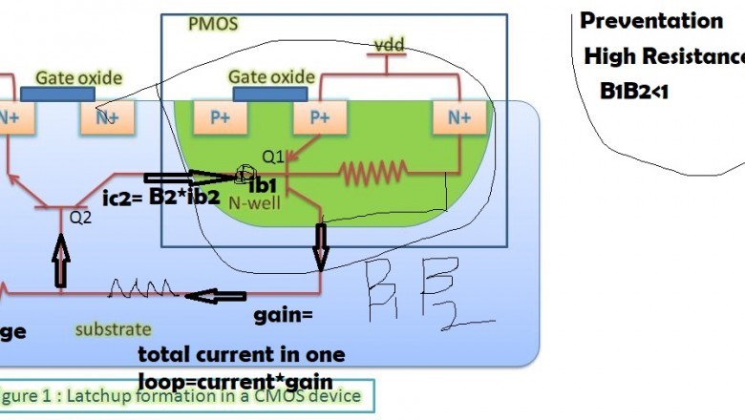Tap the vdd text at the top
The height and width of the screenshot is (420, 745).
(387, 45)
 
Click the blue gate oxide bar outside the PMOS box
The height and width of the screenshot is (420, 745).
(57, 94)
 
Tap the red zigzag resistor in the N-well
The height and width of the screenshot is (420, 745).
(375, 174)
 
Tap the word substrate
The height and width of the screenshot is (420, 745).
(114, 330)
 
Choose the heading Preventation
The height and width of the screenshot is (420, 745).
(651, 21)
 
